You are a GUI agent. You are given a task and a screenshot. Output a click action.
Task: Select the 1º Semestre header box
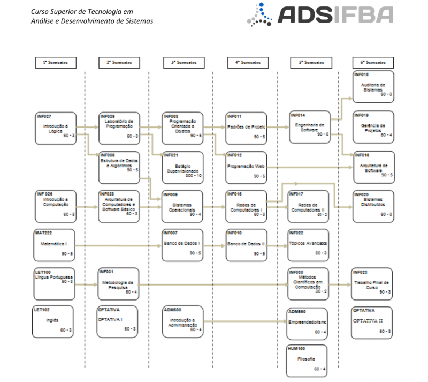point(55,62)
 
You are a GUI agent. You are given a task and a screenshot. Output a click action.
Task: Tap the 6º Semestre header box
point(373,62)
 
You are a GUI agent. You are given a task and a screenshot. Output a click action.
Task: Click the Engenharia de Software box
point(310,128)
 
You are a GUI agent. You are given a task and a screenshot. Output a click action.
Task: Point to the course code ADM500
point(173,310)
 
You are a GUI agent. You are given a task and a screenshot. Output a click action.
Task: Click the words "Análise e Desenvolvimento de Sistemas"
point(92,21)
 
